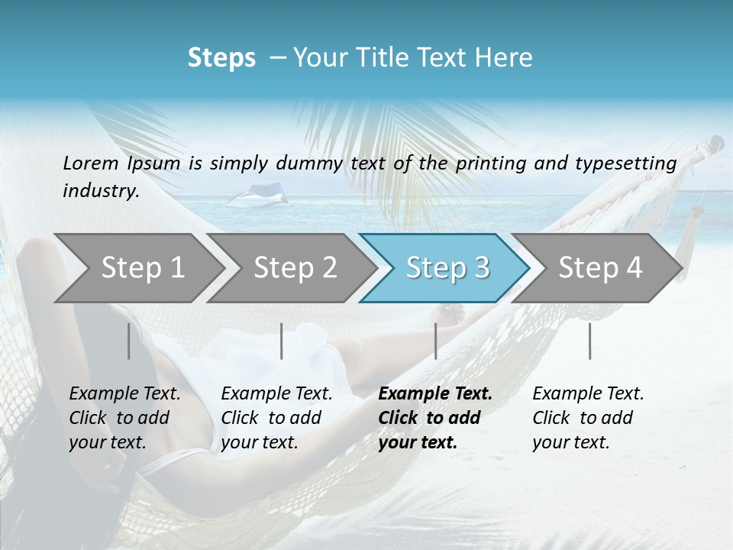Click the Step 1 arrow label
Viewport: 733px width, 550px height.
pyautogui.click(x=143, y=267)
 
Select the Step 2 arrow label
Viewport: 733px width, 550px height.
pyautogui.click(x=295, y=267)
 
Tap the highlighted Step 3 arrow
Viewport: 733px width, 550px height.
pyautogui.click(x=447, y=267)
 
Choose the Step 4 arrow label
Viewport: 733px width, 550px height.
pyautogui.click(x=600, y=267)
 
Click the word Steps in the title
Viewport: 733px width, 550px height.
pyautogui.click(x=221, y=58)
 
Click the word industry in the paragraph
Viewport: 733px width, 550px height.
pyautogui.click(x=101, y=190)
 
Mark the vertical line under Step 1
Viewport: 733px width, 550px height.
pyautogui.click(x=128, y=341)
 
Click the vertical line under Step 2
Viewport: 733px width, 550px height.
pyautogui.click(x=282, y=341)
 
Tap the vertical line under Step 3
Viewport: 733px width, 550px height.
pyautogui.click(x=435, y=341)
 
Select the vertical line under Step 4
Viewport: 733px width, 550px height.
pyautogui.click(x=589, y=341)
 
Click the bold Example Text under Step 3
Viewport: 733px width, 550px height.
pyautogui.click(x=435, y=394)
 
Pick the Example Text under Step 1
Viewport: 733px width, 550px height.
pyautogui.click(x=124, y=394)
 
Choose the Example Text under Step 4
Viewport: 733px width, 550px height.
pyautogui.click(x=588, y=394)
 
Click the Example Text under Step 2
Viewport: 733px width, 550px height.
pyautogui.click(x=276, y=394)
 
